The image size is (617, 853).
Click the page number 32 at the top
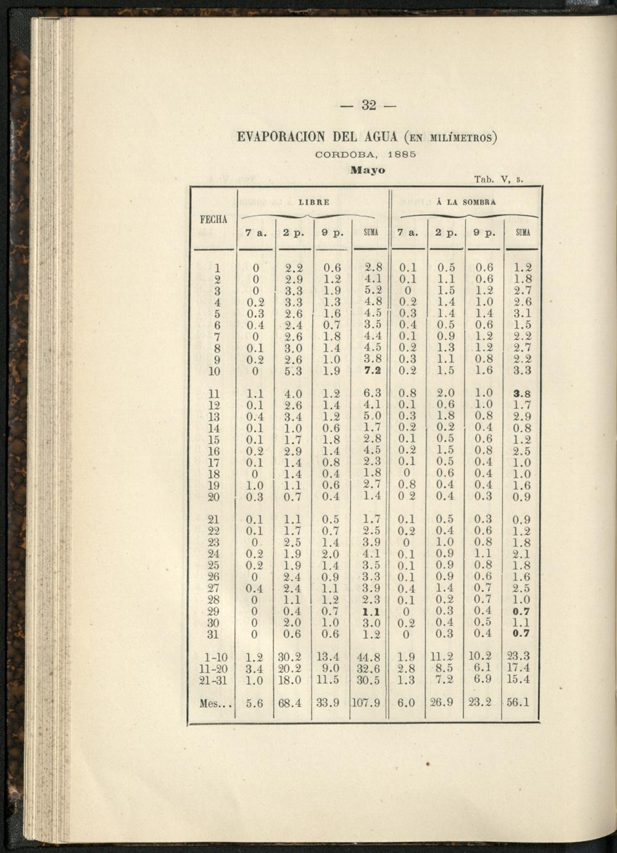point(368,105)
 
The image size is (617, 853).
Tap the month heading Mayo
point(368,170)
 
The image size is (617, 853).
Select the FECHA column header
point(214,220)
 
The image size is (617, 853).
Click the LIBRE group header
point(314,202)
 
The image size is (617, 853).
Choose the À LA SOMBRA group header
point(466,202)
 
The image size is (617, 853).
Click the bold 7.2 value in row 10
point(373,371)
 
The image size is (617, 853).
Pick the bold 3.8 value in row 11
point(522,394)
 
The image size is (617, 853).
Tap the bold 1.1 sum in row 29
point(370,612)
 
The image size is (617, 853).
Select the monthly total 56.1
point(518,702)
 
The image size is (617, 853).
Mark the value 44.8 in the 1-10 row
point(369,657)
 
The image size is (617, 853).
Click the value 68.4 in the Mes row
point(290,703)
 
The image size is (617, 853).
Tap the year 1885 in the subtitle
point(403,154)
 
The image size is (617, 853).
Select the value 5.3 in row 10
point(293,372)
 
